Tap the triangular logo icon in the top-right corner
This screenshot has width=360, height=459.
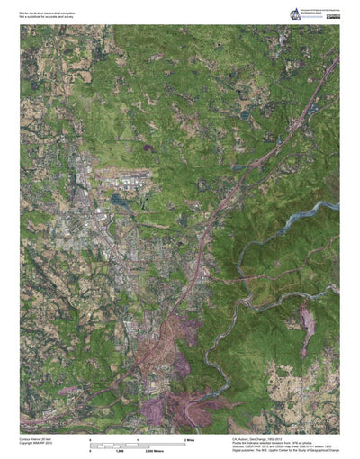(295, 12)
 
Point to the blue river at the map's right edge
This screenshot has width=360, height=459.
(324, 212)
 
